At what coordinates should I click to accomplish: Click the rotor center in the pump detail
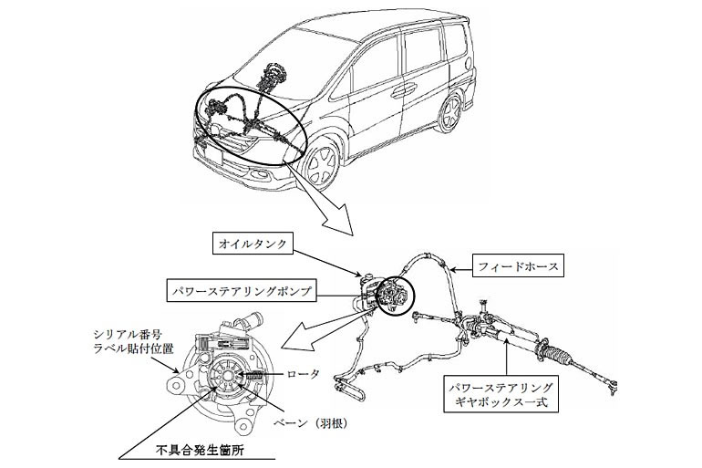pos(226,377)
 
